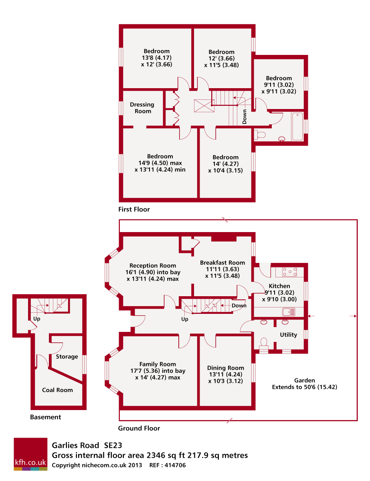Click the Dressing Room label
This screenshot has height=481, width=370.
pos(142,108)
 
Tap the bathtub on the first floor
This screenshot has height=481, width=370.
pos(298,126)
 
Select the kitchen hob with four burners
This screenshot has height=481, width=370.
pos(289,272)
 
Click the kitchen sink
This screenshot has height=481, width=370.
pos(289,311)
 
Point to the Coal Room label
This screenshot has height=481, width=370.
pos(57,390)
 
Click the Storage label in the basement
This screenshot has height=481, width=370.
pos(67,357)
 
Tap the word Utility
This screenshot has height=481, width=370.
pos(289,335)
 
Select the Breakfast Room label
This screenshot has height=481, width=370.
pos(222,263)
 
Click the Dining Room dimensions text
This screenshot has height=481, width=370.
pos(225,378)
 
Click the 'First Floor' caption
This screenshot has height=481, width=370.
pos(134,209)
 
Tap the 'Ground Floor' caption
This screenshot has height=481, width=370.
pos(139,428)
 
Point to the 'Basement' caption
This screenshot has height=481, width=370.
pos(46,417)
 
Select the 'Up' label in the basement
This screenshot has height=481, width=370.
pos(36,319)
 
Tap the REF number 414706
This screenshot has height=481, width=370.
pos(173,466)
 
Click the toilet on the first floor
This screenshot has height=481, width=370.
pos(261,135)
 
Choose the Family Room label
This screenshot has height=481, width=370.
pos(158,364)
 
